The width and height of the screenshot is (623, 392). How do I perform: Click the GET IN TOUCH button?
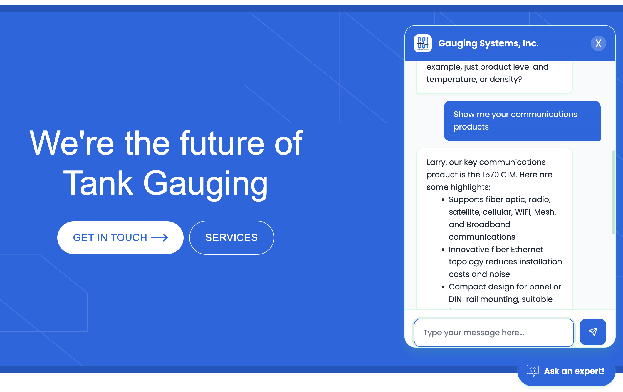click(120, 238)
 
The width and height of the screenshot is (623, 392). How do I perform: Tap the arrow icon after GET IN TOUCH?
click(159, 238)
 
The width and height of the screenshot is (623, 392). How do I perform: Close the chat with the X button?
click(598, 43)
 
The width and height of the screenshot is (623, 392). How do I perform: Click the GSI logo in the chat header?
click(422, 43)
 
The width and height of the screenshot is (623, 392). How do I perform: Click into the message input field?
click(494, 333)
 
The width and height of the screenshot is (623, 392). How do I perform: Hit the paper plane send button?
click(593, 332)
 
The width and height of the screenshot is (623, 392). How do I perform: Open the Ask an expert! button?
click(566, 371)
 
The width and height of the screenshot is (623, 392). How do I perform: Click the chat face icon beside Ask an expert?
click(533, 371)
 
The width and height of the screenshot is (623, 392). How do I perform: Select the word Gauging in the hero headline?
click(205, 183)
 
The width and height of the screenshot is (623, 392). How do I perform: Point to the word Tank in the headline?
click(98, 183)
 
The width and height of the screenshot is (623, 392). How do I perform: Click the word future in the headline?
click(222, 143)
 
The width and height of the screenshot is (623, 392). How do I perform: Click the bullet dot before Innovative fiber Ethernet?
click(443, 250)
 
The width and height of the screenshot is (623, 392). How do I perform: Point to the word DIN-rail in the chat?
click(463, 299)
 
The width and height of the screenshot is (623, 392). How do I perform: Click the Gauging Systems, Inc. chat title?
click(488, 43)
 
